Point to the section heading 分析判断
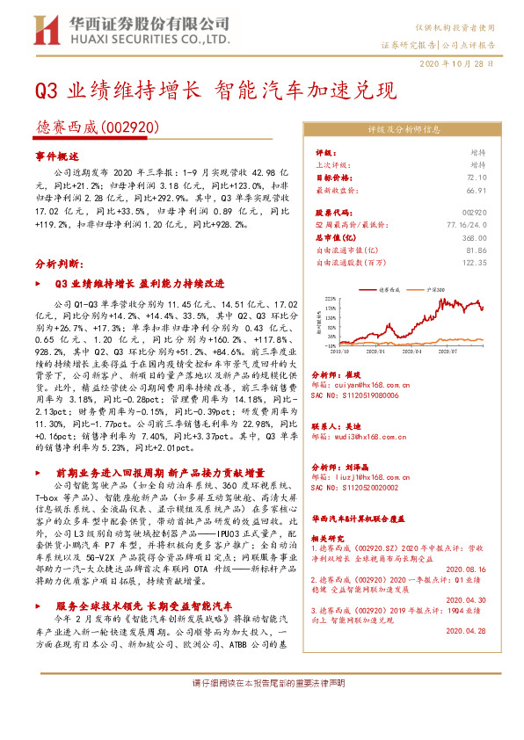pos(58,263)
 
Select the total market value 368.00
pos(474,237)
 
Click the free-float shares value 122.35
pos(474,262)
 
